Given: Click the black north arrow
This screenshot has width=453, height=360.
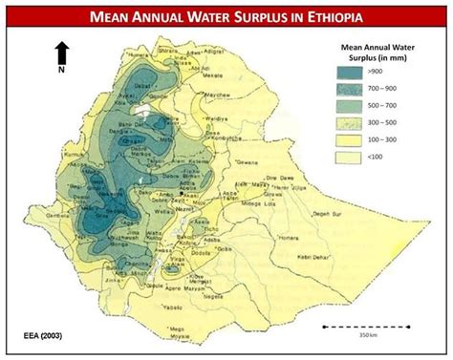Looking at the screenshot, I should click(x=61, y=53).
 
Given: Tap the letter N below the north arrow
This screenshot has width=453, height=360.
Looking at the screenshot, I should click(x=61, y=71).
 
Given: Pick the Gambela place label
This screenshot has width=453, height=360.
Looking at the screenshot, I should click(x=64, y=218).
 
